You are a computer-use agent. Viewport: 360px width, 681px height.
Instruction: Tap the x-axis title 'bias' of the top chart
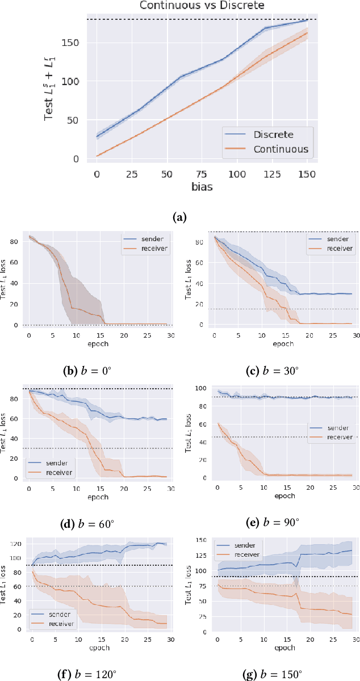pyautogui.click(x=202, y=186)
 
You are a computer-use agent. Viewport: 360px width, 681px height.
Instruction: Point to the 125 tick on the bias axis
pyautogui.click(x=272, y=173)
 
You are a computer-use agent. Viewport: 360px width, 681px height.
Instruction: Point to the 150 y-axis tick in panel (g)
pyautogui.click(x=199, y=541)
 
